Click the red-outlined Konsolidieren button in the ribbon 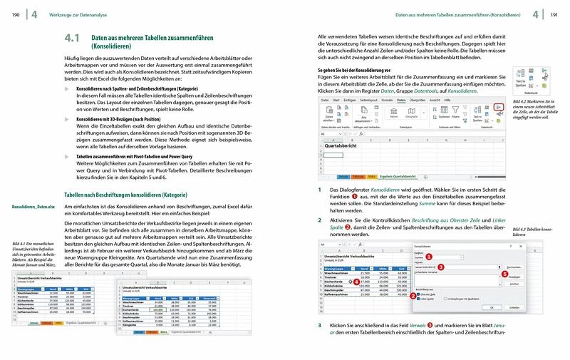click(x=498, y=106)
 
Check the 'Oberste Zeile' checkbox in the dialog click(x=417, y=294)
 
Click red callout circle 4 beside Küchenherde click(x=356, y=282)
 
